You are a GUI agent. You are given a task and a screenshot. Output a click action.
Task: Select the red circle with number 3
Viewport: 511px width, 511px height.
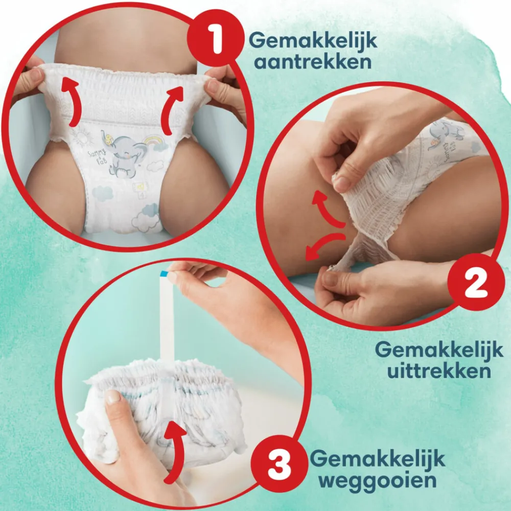click(280, 464)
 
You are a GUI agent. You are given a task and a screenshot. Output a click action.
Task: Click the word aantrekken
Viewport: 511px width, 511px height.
click(313, 62)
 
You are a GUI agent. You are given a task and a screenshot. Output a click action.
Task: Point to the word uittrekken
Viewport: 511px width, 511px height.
click(439, 370)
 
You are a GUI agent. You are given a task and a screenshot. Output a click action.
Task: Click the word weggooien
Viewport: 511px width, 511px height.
click(378, 480)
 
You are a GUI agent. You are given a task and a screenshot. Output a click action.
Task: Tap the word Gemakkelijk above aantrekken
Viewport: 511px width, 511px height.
click(313, 41)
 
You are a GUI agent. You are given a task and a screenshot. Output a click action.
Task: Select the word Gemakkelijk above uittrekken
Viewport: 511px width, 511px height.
click(439, 350)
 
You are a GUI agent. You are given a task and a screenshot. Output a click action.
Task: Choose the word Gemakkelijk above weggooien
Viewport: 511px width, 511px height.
click(378, 459)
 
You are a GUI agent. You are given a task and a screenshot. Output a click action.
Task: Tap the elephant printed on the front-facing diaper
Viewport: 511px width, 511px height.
click(122, 153)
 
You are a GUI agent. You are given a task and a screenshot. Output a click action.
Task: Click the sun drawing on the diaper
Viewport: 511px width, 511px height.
click(81, 137)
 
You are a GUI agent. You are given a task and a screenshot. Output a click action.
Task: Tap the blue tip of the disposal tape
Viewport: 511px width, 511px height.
click(164, 273)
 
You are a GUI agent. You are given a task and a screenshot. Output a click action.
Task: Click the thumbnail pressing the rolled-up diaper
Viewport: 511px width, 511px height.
click(113, 397)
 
